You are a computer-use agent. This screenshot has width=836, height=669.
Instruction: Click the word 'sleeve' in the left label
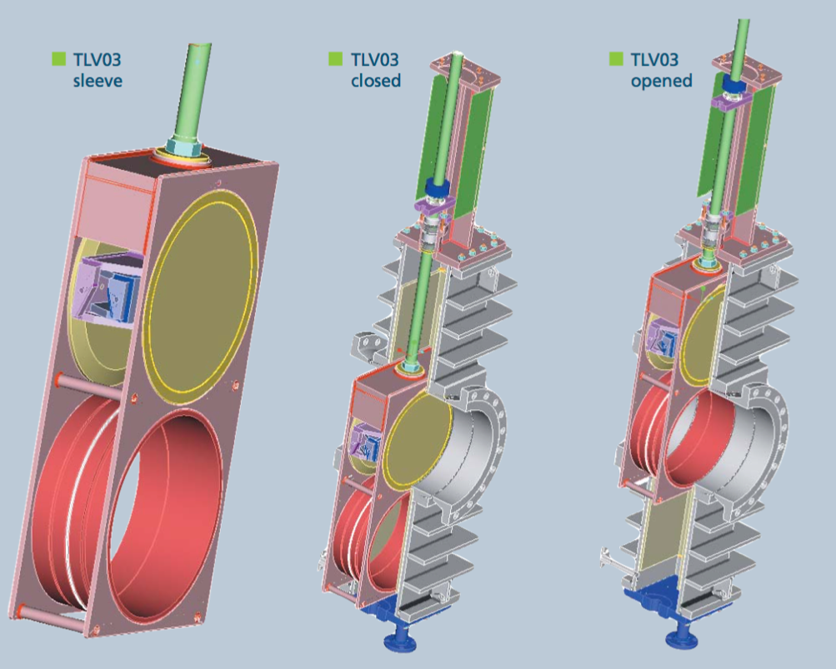click(x=98, y=81)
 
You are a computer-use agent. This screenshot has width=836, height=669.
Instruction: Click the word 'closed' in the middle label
click(x=375, y=81)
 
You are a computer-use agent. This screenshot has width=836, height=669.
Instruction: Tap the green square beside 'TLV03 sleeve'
click(x=58, y=59)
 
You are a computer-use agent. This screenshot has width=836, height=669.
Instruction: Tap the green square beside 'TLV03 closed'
click(x=335, y=59)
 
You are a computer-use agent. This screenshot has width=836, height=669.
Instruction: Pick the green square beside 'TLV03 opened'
click(x=616, y=59)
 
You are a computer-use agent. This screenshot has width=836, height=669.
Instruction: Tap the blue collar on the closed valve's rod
click(x=437, y=187)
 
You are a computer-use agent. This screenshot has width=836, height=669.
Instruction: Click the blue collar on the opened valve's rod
click(x=733, y=87)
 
